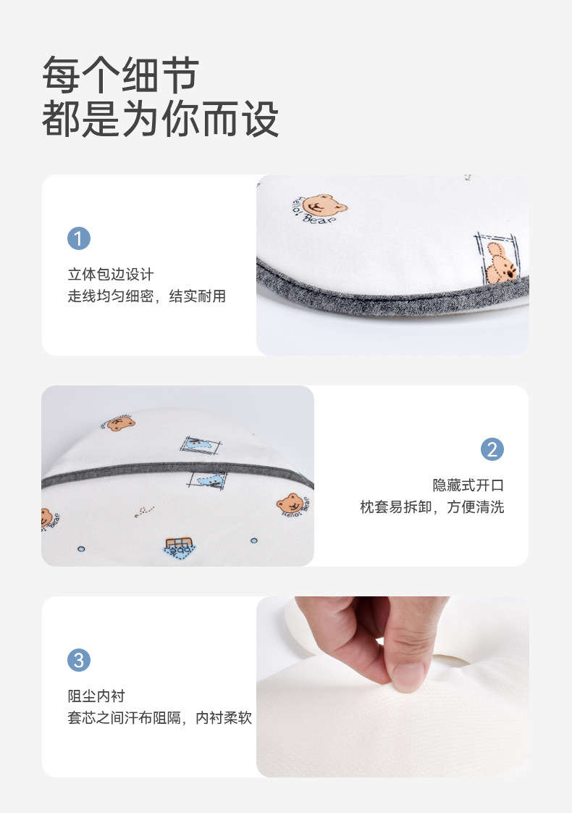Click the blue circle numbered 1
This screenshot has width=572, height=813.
coord(79,238)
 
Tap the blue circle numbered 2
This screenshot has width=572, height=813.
coord(492,449)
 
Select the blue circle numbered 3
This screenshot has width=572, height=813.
coord(79,660)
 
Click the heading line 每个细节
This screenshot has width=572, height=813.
coord(121,75)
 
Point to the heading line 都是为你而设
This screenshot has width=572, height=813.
coord(161,119)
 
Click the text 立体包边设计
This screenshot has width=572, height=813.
coord(111,275)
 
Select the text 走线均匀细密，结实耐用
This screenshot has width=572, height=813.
coord(147,296)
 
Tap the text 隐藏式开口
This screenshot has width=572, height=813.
coord(468,485)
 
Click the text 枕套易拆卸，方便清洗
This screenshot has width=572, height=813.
coord(432,507)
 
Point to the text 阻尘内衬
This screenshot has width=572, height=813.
coord(96,696)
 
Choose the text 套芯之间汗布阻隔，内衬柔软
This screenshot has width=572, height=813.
coord(159,717)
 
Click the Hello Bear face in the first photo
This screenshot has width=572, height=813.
coord(324,205)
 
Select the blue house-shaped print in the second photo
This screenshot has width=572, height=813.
coord(180,548)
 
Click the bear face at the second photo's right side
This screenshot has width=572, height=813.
coord(290,504)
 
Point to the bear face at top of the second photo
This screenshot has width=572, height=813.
coord(120,424)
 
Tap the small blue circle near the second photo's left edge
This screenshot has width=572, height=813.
coord(81,549)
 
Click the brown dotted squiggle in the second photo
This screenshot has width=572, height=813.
coord(145,512)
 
